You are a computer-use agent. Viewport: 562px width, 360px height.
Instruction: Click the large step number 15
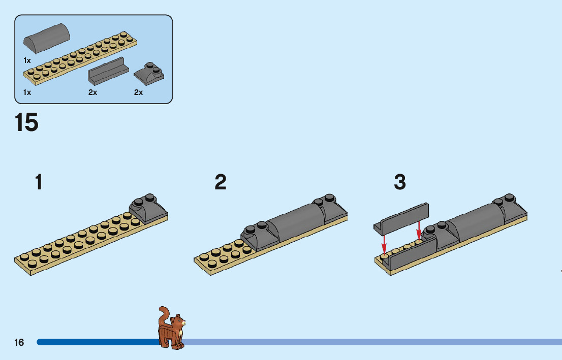(x=27, y=122)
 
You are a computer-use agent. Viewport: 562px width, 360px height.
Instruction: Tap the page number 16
(x=19, y=342)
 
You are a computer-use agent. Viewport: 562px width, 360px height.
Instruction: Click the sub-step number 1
(x=39, y=182)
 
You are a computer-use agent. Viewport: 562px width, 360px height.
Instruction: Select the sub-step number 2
(x=220, y=182)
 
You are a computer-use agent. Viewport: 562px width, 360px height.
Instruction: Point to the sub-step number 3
(x=400, y=182)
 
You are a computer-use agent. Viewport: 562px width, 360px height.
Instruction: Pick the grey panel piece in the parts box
(x=108, y=72)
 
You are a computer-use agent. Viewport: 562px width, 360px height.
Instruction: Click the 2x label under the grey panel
(x=92, y=92)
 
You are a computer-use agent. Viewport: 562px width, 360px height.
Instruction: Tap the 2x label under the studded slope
(x=138, y=92)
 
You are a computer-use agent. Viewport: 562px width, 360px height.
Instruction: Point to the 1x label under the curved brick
(x=27, y=60)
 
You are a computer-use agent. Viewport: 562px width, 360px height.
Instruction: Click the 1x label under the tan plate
(x=27, y=92)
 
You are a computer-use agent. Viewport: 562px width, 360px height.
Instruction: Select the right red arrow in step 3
(x=419, y=230)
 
